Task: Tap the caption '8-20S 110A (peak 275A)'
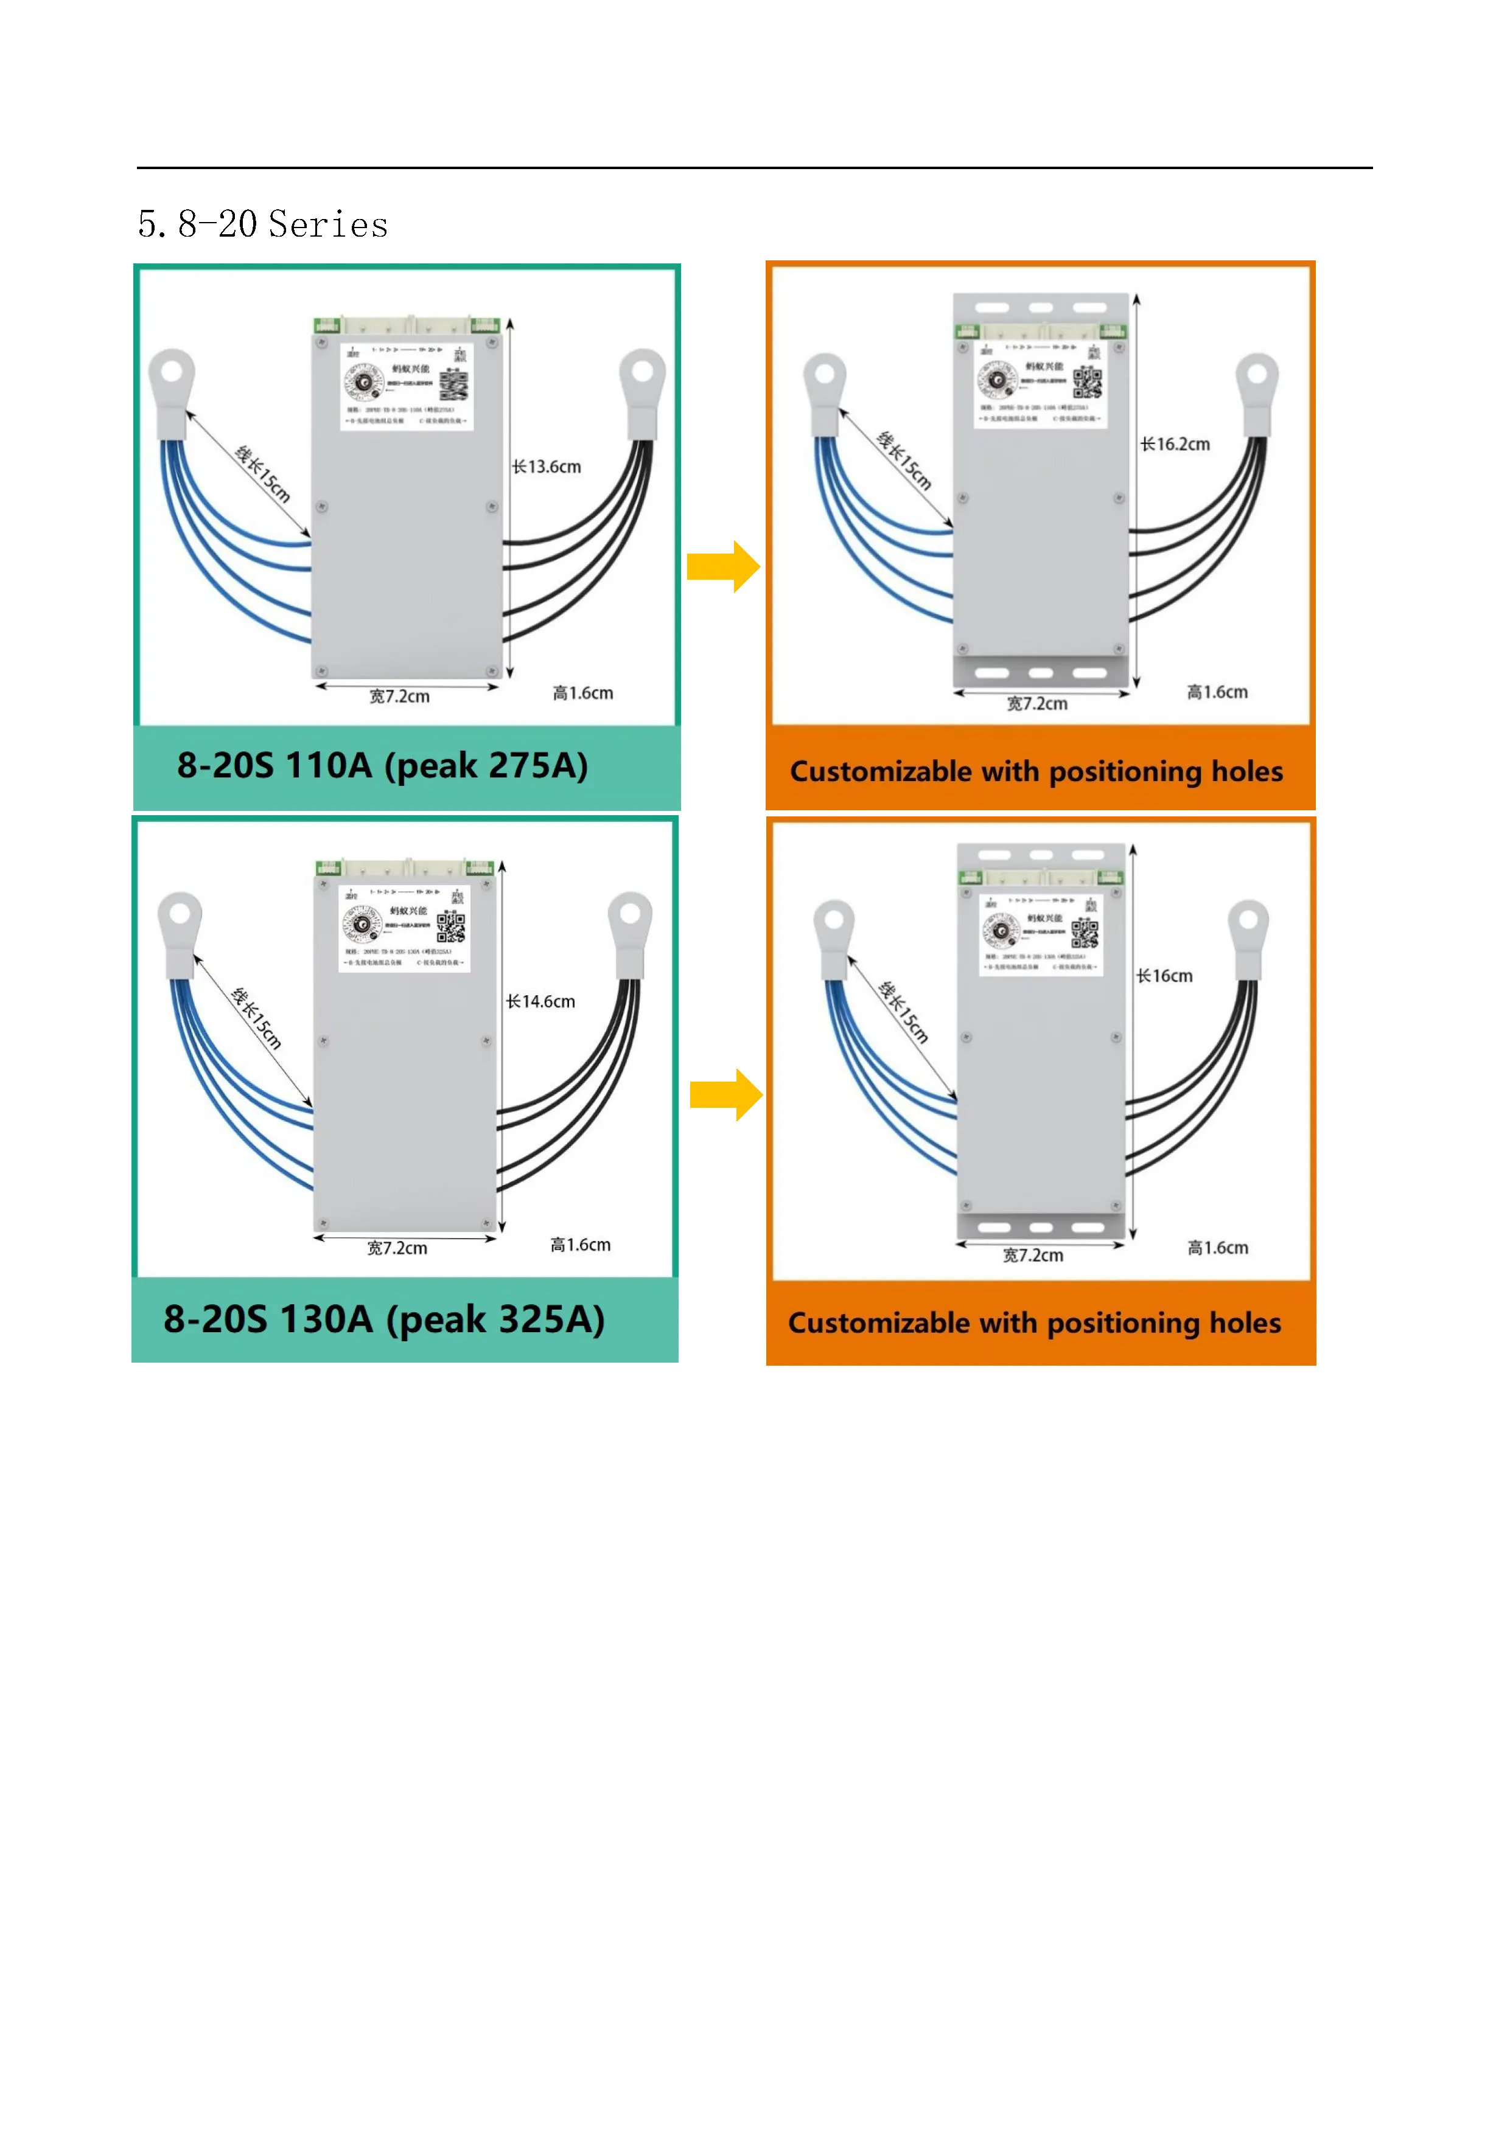click(382, 766)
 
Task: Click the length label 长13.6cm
click(547, 467)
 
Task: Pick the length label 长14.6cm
click(540, 1001)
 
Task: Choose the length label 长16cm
click(1164, 976)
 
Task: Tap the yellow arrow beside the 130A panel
click(726, 1095)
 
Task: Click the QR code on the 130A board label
click(452, 926)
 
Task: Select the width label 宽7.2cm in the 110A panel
click(400, 696)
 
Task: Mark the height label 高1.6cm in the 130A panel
click(580, 1245)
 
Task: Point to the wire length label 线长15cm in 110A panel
click(263, 474)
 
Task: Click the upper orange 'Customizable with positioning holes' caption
click(1036, 771)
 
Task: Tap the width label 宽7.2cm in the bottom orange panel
click(1033, 1256)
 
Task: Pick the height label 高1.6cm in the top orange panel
click(1217, 692)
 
